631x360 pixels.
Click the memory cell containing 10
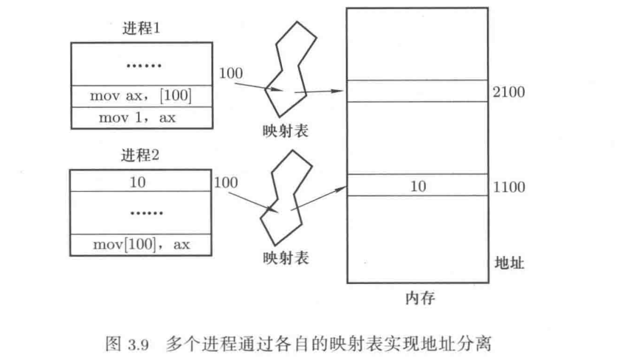point(418,186)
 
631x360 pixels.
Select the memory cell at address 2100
point(418,91)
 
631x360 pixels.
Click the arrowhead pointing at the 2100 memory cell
point(341,92)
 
